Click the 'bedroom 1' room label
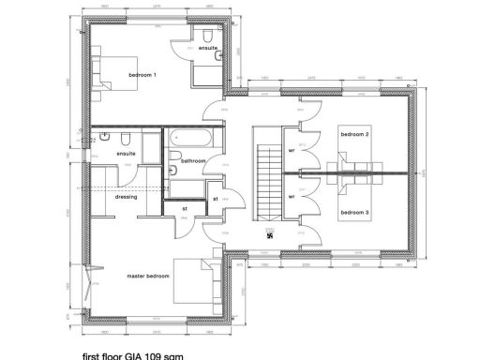coord(142,74)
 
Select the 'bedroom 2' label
coord(353,135)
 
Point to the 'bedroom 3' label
coord(353,214)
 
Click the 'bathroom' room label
coord(193,161)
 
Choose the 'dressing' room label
coord(127,197)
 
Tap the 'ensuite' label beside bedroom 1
coord(207,48)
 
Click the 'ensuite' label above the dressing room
coord(126,153)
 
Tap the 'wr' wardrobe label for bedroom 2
coord(292,151)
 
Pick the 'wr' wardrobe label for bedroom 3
coord(292,197)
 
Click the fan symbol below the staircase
coord(270,235)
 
